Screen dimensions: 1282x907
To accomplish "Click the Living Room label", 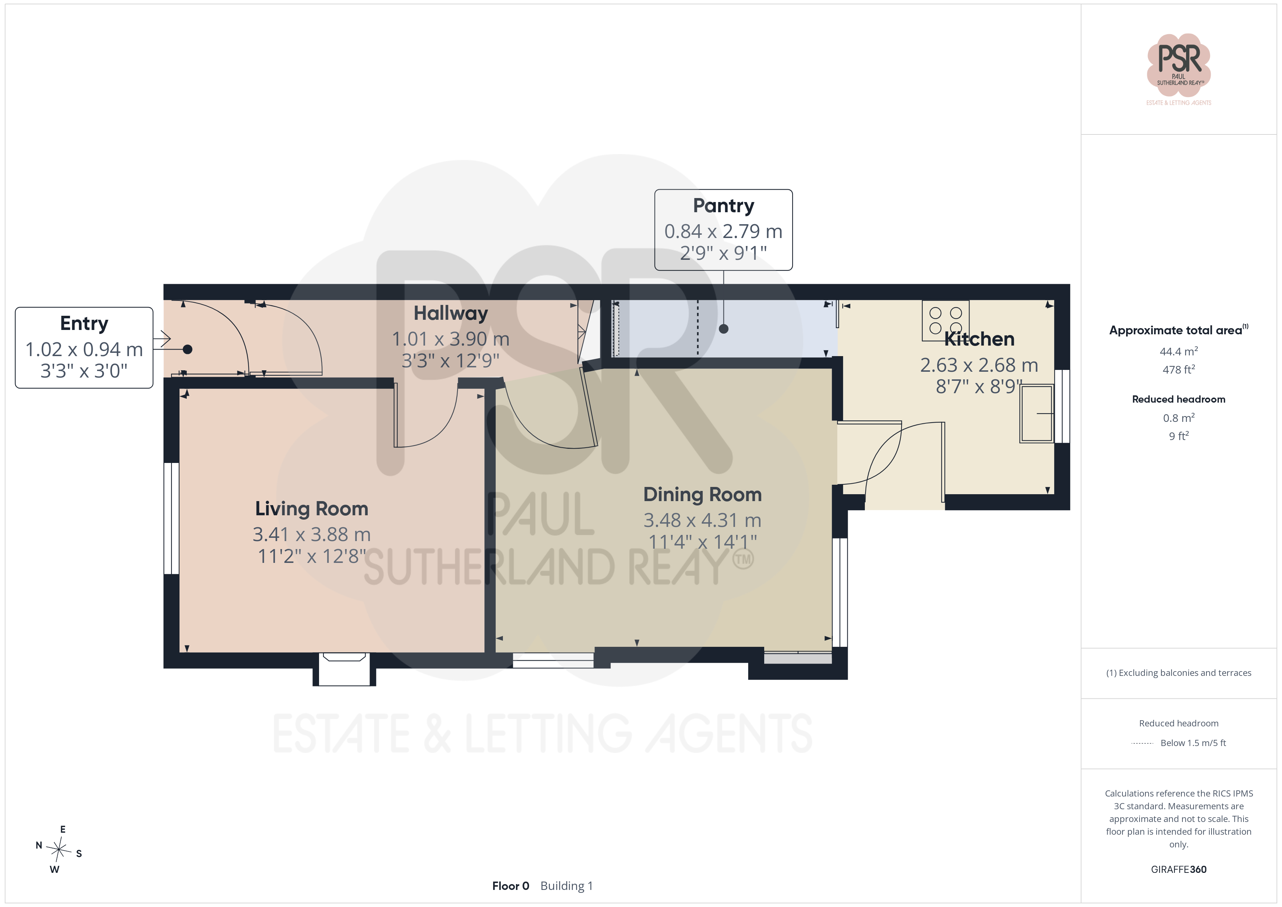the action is point(311,509).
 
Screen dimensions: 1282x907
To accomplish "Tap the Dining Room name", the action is point(702,495).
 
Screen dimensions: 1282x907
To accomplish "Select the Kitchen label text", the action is point(979,339).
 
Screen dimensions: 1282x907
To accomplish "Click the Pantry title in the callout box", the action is point(723,206).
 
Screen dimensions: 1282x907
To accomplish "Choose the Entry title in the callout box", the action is point(84,324).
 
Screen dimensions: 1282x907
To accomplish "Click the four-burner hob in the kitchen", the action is point(945,321).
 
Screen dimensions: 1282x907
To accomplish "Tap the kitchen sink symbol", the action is point(1037,413).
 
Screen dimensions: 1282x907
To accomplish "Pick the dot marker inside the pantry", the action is point(723,329).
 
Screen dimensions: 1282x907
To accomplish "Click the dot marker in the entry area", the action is point(188,350).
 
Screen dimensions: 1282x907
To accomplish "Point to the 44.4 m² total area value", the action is point(1179,351).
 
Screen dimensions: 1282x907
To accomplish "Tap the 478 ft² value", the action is point(1179,369).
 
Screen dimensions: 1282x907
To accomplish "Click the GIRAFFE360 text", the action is point(1179,870).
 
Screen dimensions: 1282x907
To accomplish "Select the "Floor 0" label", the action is point(510,886).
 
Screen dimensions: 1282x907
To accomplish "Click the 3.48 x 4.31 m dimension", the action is point(702,520).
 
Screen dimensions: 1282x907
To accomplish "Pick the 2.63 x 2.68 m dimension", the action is point(979,365).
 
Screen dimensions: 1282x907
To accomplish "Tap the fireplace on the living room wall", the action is point(344,669).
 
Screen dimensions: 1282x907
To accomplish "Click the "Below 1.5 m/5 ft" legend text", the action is point(1193,743).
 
